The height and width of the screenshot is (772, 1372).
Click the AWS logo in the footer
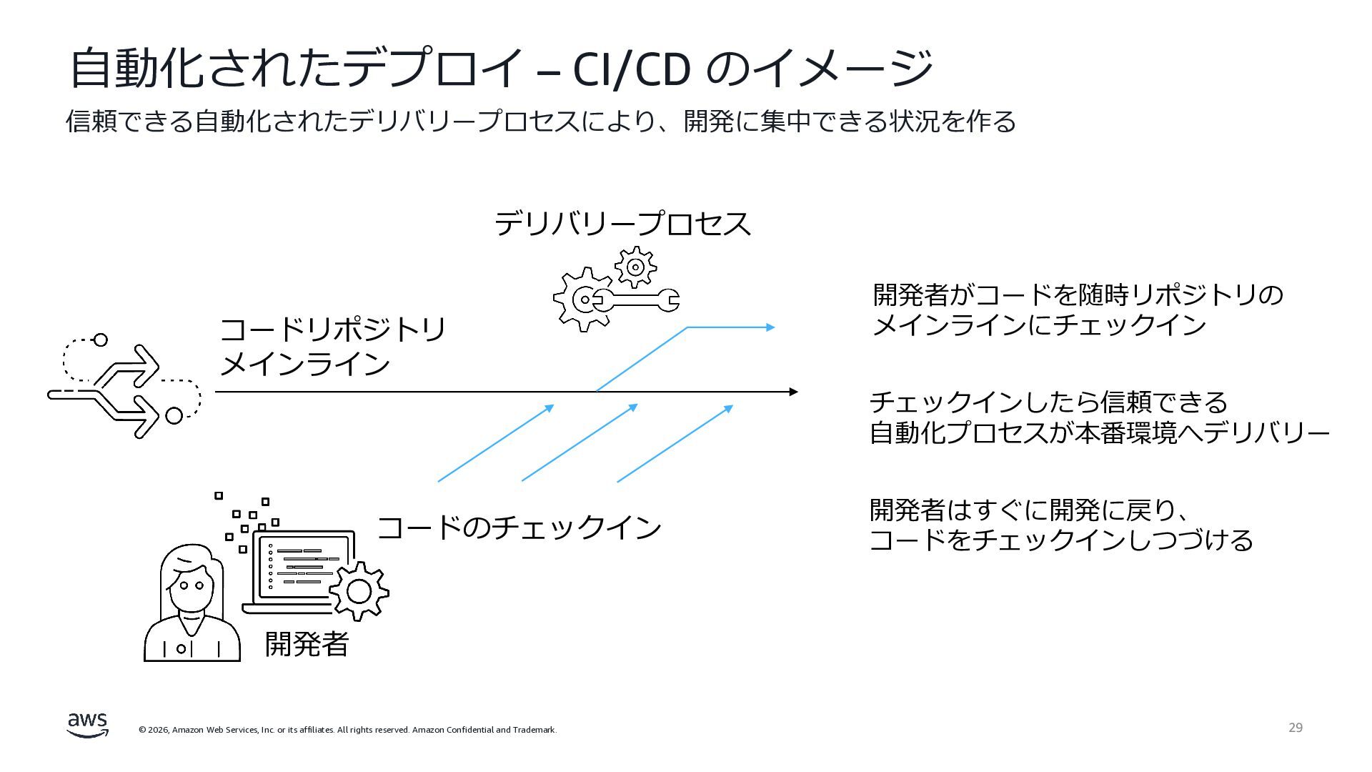88,725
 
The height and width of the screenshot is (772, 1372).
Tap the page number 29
1296,728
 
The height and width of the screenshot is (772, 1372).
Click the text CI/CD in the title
632,69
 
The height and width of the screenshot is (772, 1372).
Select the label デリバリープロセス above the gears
622,224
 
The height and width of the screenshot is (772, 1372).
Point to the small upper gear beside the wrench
635,267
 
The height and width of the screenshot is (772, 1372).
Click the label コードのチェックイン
519,528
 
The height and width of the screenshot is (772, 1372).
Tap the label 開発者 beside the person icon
307,644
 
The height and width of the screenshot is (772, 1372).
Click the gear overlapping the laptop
358,591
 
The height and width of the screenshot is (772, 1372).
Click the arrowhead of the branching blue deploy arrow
770,327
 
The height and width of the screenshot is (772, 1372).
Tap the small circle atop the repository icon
101,340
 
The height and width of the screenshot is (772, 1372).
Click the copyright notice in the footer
347,730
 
